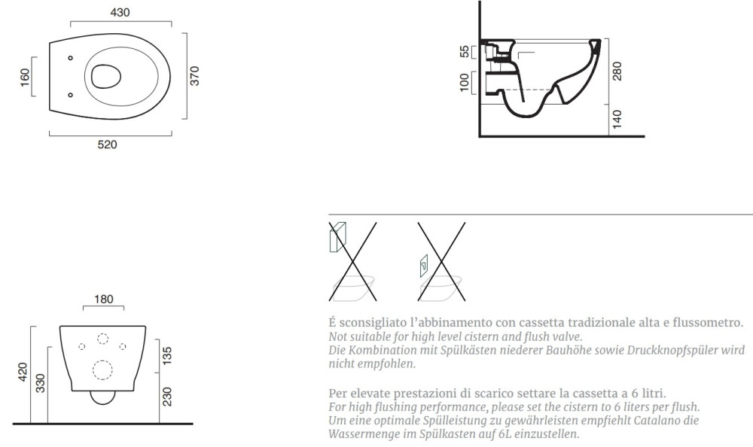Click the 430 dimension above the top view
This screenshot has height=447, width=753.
click(120, 13)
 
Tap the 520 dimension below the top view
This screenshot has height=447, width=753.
click(107, 144)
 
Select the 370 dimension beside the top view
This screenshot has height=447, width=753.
click(194, 76)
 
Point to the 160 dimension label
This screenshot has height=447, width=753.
click(25, 77)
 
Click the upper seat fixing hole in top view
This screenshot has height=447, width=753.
click(71, 58)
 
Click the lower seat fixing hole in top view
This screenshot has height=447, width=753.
click(71, 95)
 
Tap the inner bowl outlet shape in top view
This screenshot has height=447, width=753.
click(105, 76)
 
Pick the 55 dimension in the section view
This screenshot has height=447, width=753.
click(465, 51)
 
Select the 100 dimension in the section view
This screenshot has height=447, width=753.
click(465, 83)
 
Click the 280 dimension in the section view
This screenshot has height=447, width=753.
click(617, 71)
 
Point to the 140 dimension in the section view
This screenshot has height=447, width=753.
click(617, 119)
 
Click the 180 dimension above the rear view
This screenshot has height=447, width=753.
click(104, 300)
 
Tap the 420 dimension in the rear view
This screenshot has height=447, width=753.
click(23, 372)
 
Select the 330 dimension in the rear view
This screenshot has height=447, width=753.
click(41, 383)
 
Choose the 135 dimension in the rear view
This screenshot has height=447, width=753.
click(167, 356)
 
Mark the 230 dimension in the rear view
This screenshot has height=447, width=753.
click(167, 397)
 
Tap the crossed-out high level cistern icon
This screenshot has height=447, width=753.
click(352, 261)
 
